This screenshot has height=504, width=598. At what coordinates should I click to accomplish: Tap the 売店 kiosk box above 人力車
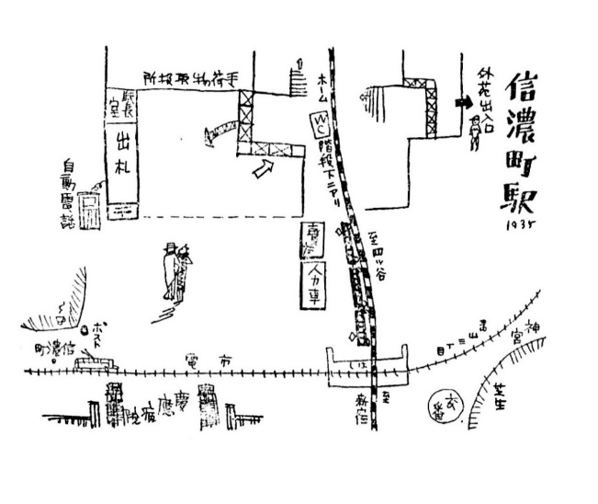pyautogui.click(x=311, y=240)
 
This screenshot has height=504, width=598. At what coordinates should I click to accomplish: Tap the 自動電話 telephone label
pyautogui.click(x=67, y=191)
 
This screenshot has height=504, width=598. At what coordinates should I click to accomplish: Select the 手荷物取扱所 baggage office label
pyautogui.click(x=187, y=76)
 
